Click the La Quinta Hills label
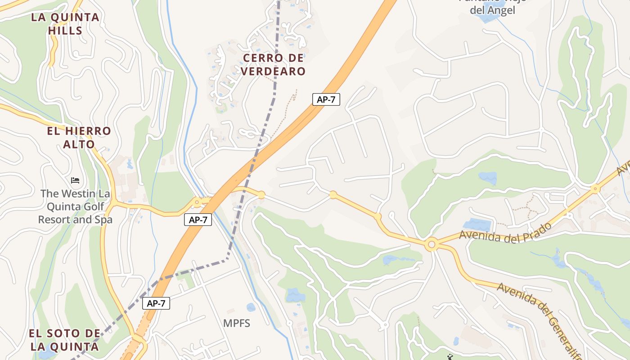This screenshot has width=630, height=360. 65,24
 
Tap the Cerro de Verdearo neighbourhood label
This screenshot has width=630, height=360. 273,64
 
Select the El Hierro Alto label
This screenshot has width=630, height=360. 79,138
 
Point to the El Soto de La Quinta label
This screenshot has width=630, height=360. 64,340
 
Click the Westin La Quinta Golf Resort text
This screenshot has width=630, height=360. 75,207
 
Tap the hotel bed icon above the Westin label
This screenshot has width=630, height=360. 75,180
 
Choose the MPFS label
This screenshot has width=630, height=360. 237,323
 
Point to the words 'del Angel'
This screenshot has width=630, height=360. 492,10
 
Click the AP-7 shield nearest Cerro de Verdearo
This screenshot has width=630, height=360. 326,99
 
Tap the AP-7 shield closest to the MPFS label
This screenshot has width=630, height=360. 156,303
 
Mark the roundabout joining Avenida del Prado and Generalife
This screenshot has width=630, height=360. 432,244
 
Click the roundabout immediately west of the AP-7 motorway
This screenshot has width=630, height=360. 197,202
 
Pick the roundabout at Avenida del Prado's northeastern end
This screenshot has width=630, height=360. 595,189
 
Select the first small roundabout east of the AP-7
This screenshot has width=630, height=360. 261,195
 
